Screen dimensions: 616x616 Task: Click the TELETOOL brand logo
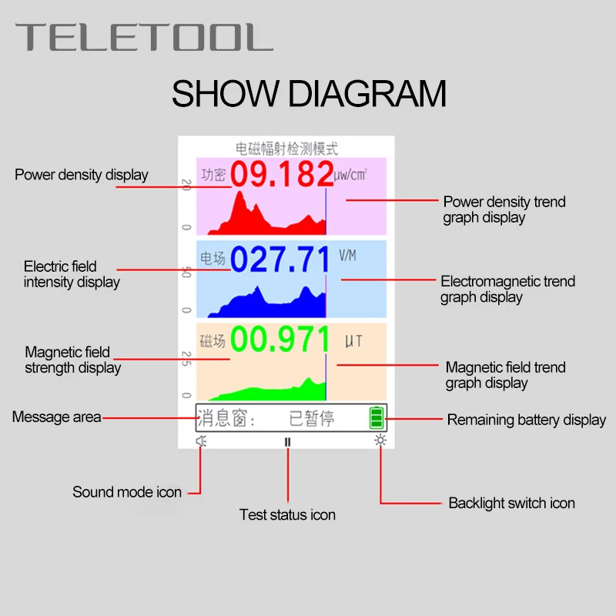click(x=145, y=37)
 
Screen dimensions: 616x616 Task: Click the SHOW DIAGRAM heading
click(x=309, y=94)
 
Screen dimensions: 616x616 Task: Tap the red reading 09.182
click(x=282, y=175)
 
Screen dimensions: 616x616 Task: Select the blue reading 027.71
click(x=281, y=259)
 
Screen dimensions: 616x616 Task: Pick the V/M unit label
click(x=349, y=254)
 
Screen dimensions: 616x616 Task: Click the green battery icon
click(x=376, y=417)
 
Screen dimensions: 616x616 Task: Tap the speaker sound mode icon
click(x=202, y=441)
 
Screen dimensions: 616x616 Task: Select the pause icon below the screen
click(x=287, y=442)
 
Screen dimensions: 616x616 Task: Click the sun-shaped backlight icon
click(x=379, y=441)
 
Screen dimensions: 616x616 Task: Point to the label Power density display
click(x=82, y=175)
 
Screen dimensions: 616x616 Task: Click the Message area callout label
click(x=56, y=417)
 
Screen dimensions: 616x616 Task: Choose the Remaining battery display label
click(x=527, y=420)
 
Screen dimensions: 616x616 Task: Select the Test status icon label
click(x=287, y=514)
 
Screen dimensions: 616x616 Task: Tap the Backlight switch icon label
click(x=511, y=503)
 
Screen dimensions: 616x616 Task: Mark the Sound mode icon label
click(x=127, y=492)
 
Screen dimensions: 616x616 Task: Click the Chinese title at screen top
click(x=286, y=149)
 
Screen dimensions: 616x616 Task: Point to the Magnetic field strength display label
click(x=73, y=360)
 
